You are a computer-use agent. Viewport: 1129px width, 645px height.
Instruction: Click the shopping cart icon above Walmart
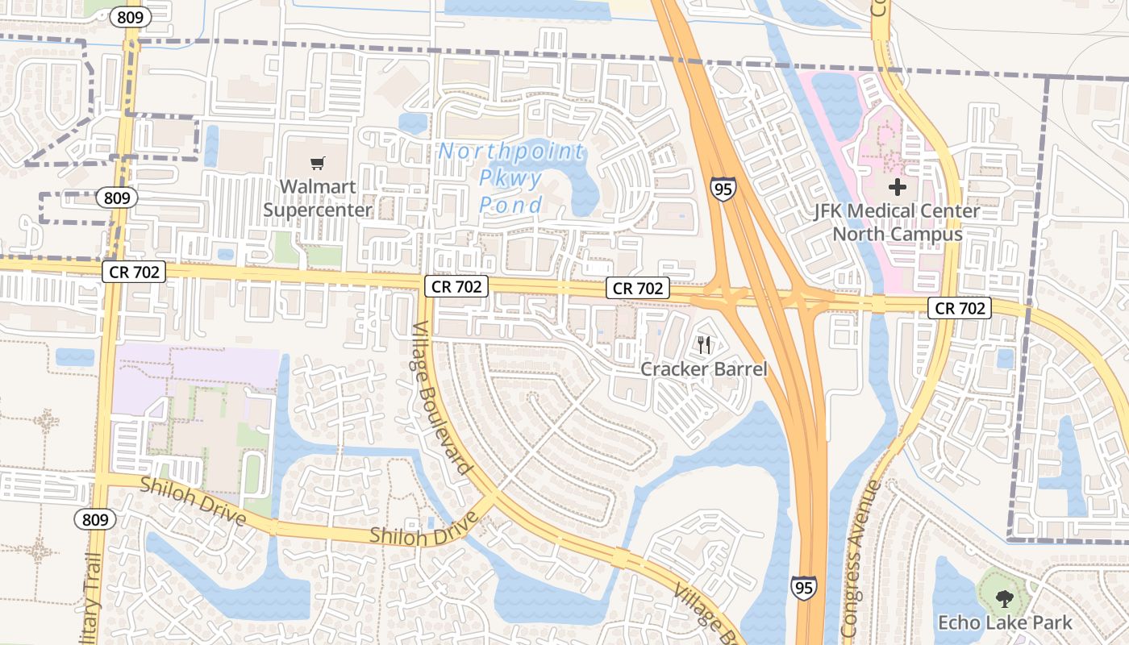318,164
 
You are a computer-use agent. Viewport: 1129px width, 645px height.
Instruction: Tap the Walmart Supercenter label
318,198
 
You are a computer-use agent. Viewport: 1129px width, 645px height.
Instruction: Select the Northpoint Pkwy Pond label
511,178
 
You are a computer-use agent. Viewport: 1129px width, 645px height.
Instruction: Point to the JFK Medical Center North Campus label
898,223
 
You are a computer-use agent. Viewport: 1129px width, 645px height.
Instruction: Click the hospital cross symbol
897,188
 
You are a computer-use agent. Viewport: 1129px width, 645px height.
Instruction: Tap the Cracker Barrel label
704,369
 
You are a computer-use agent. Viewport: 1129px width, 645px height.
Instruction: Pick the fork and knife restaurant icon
704,345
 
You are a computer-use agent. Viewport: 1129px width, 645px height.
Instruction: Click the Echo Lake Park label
1005,622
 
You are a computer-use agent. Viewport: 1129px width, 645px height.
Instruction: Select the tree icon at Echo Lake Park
1004,598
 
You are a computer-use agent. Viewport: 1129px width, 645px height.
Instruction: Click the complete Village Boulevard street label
442,398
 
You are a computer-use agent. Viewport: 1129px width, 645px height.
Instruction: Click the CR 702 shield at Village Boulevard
456,285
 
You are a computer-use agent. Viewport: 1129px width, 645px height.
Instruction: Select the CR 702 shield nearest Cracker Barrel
638,288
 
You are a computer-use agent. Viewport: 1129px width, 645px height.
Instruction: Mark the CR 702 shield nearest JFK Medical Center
959,307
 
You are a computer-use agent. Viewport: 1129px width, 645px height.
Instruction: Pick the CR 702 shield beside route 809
134,273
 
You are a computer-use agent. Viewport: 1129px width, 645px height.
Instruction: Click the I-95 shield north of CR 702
723,190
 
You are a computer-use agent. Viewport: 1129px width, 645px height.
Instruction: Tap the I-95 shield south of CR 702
803,587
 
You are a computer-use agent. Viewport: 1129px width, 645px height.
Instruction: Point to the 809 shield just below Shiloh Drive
95,520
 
